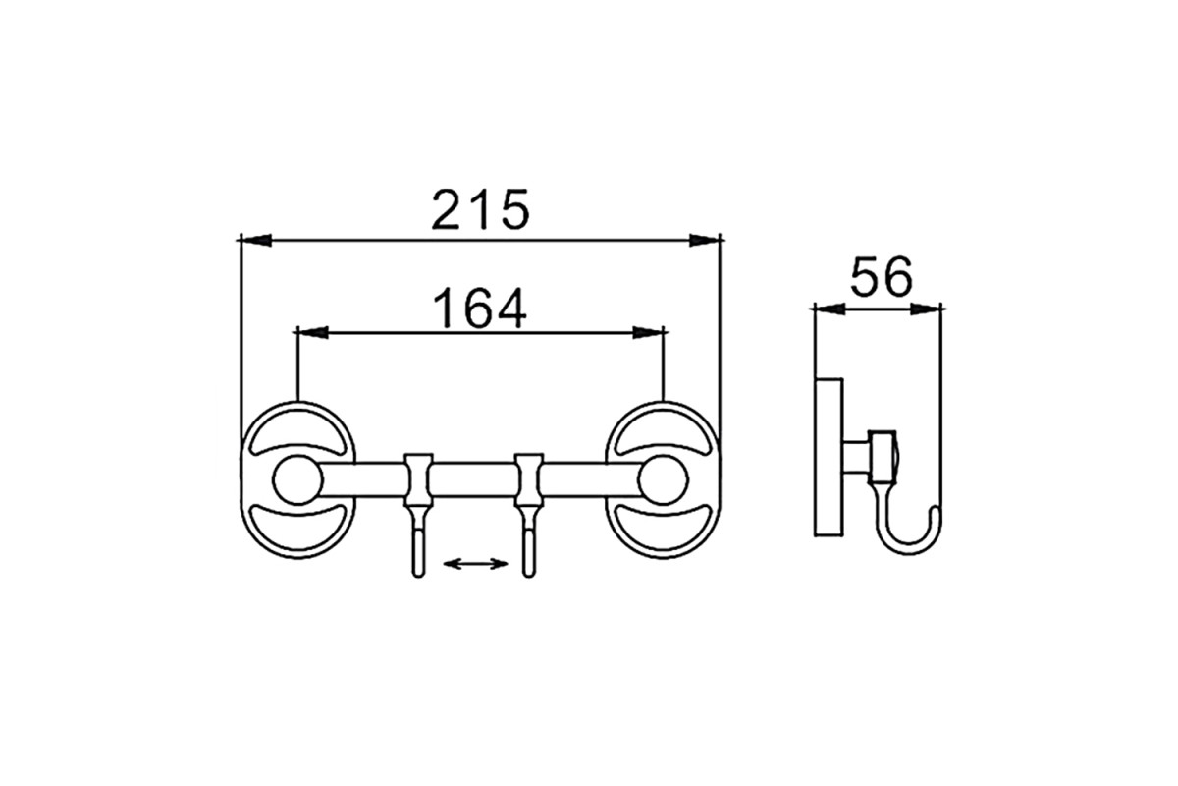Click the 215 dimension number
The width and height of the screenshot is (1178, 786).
[x=480, y=209]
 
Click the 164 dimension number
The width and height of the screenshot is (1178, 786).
[x=479, y=308]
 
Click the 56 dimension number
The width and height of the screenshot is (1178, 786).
[x=882, y=277]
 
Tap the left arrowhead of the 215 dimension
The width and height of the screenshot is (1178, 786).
[x=256, y=240]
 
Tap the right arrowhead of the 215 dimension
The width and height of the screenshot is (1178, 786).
[x=705, y=240]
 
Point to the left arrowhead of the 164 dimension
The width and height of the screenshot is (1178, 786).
[x=313, y=333]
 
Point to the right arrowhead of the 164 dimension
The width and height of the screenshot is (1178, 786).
[x=648, y=333]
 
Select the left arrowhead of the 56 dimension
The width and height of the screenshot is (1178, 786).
[x=830, y=309]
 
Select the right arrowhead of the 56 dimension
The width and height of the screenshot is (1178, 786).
[x=926, y=309]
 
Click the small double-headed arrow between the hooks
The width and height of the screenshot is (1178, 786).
[x=475, y=564]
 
